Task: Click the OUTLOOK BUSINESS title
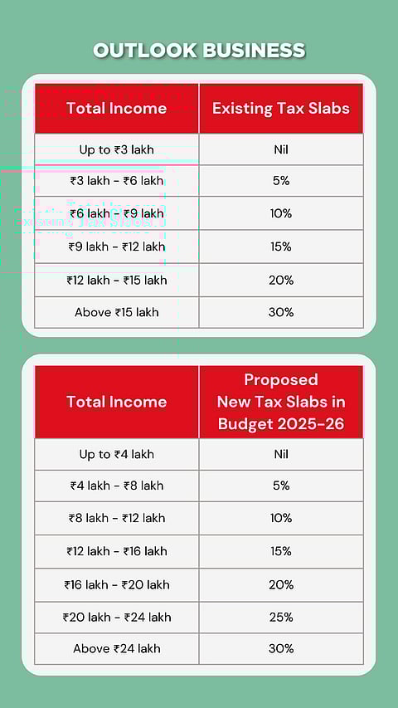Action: click(x=199, y=51)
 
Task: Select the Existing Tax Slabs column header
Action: click(x=281, y=108)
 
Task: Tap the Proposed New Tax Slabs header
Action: click(x=280, y=402)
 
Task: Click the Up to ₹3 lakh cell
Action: click(x=116, y=150)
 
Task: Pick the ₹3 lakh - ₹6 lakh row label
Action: click(x=116, y=181)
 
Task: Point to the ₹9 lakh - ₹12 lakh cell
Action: click(x=116, y=247)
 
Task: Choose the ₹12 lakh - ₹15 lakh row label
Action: click(x=116, y=280)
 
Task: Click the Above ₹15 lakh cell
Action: click(x=116, y=312)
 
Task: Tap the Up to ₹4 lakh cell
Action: click(x=116, y=454)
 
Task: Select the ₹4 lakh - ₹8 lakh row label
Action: click(x=116, y=486)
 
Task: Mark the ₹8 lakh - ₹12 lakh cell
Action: click(x=116, y=518)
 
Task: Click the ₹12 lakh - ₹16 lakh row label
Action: click(x=116, y=551)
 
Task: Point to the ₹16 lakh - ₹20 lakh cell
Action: click(x=116, y=584)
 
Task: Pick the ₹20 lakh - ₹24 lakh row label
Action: click(x=116, y=617)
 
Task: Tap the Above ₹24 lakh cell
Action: click(x=116, y=648)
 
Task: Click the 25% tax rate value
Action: click(x=281, y=617)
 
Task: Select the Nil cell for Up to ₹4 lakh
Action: click(x=281, y=454)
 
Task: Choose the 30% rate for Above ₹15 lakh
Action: click(x=281, y=312)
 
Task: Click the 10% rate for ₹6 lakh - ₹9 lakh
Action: click(x=281, y=213)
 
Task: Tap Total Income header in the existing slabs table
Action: click(x=116, y=108)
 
